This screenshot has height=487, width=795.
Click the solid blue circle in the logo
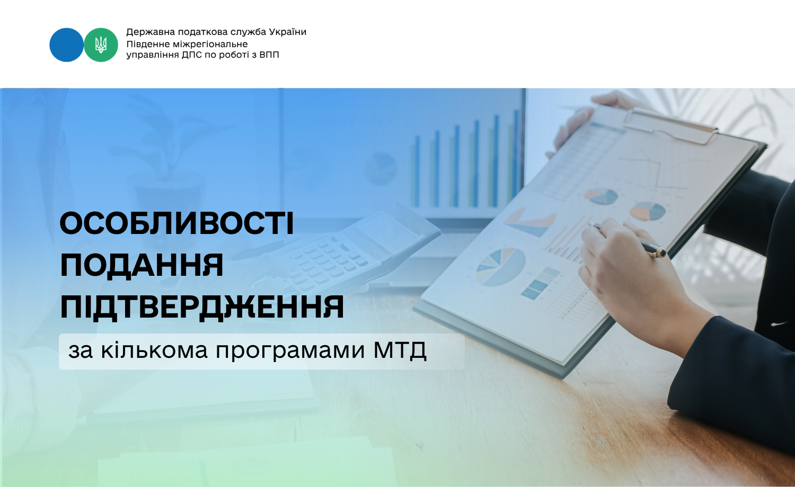tap(66, 45)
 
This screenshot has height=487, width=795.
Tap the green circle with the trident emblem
tap(101, 45)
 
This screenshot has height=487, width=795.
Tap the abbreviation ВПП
tap(269, 55)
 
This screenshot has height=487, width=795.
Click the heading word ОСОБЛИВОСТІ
tap(176, 224)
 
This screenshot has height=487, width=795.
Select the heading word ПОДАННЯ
tap(142, 266)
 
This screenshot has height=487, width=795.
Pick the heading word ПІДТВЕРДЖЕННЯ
tap(202, 307)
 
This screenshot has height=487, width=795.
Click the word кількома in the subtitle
tap(154, 350)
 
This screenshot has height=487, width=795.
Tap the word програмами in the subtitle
tap(290, 351)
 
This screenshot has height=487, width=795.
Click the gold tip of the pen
tap(661, 252)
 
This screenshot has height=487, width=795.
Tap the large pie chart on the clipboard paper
tap(501, 267)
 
